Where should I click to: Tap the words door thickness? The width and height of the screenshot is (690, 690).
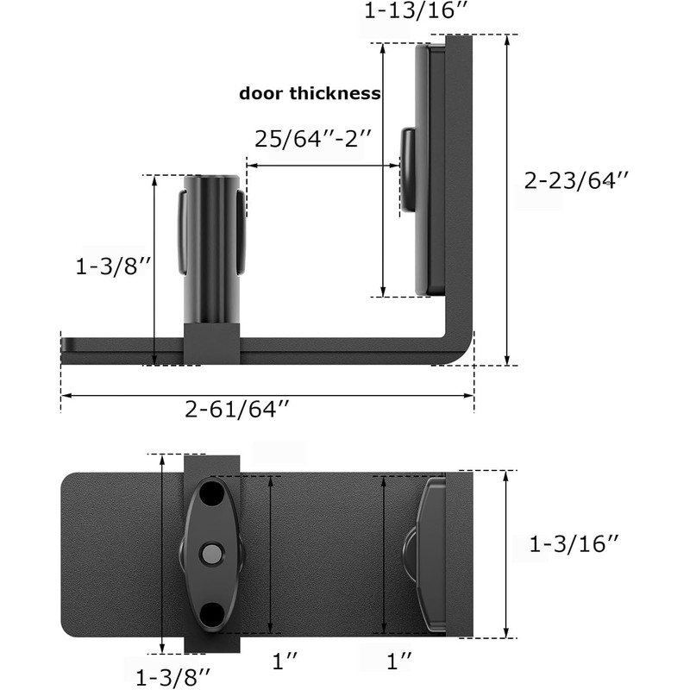point(310,94)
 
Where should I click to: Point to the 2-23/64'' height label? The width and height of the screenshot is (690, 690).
point(576,180)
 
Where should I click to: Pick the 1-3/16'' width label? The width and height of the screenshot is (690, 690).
point(574,544)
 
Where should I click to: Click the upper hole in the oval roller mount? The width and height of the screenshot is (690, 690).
point(210,499)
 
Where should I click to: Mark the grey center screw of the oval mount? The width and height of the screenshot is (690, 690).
point(210,553)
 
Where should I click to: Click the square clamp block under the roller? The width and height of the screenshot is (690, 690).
point(210,343)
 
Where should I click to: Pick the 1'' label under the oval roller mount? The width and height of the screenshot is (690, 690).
point(285,662)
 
